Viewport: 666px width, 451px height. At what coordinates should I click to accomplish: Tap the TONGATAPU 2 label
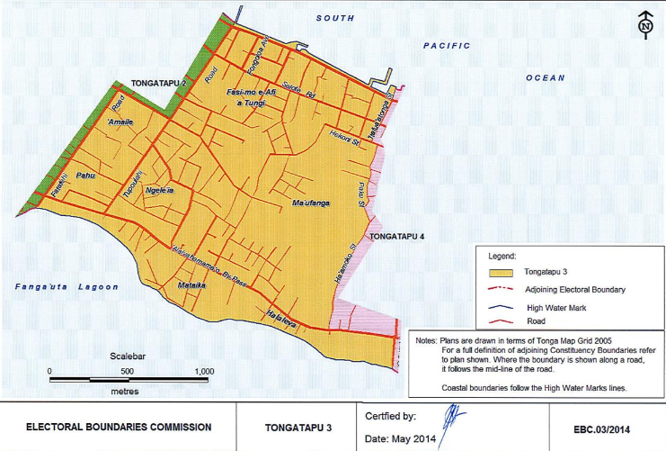(x=158, y=83)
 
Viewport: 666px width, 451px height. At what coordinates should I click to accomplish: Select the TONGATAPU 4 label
(x=397, y=237)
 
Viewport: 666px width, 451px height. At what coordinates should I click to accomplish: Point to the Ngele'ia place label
(x=159, y=191)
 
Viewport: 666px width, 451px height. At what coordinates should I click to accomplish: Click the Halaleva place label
(x=282, y=314)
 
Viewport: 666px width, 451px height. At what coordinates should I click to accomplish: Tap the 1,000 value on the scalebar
(x=203, y=371)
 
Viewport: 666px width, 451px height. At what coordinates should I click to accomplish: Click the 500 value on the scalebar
(x=127, y=371)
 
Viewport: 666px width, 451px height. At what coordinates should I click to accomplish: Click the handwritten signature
(x=452, y=417)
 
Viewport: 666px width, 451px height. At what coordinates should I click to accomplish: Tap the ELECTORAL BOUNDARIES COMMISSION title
(x=119, y=427)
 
